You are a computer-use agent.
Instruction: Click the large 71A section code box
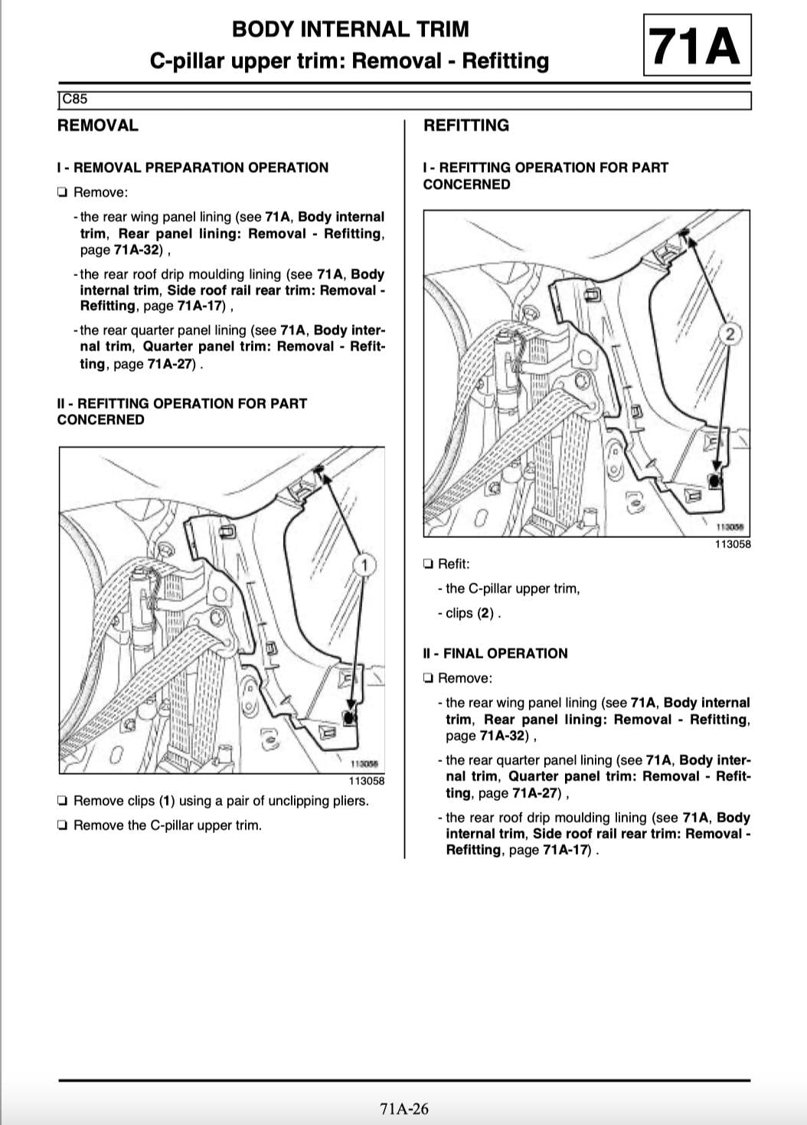click(697, 45)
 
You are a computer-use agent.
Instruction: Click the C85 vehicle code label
click(74, 99)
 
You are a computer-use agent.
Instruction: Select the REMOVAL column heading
click(98, 125)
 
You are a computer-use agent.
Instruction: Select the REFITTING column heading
click(466, 125)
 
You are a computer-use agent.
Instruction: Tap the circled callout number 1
click(365, 566)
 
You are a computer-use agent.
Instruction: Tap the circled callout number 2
click(730, 334)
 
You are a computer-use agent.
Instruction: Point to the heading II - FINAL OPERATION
click(495, 654)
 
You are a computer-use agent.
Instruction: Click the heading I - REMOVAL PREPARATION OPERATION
click(193, 167)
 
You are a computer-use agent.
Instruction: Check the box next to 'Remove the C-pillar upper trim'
click(62, 825)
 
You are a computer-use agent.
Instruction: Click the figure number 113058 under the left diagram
click(367, 780)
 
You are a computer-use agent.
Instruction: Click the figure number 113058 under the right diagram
click(733, 544)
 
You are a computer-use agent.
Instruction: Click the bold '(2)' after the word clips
click(485, 613)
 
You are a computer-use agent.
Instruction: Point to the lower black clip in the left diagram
click(349, 718)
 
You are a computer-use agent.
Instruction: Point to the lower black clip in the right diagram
click(714, 481)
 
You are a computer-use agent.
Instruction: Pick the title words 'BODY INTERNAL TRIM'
click(351, 29)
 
